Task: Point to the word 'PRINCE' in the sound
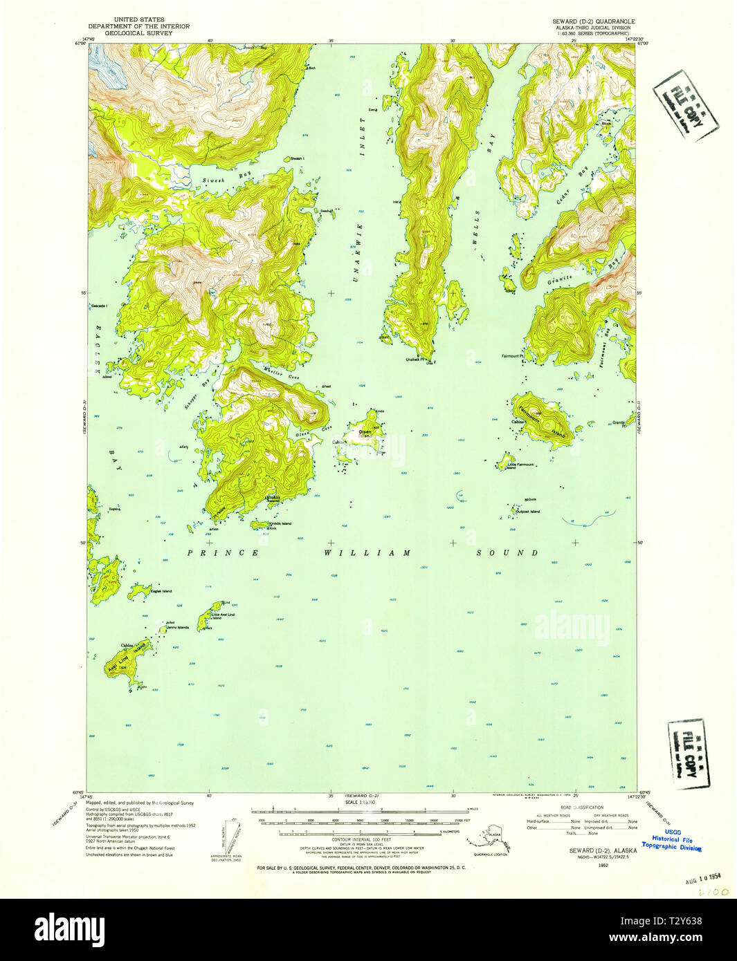coord(224,553)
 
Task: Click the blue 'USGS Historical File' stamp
coord(672,840)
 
